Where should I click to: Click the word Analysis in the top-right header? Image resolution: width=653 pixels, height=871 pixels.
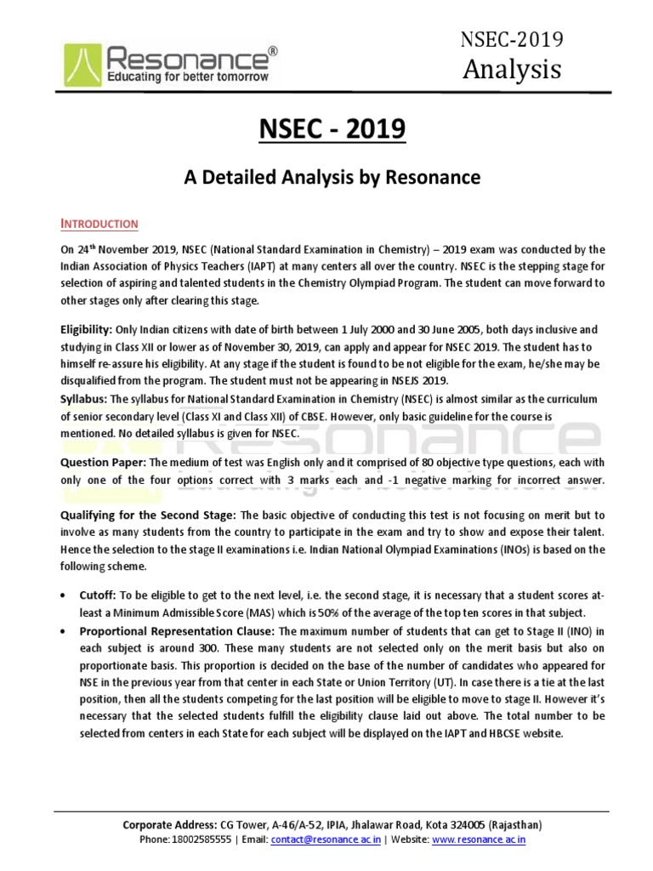(x=512, y=69)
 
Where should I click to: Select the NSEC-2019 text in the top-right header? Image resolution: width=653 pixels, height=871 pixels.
(x=511, y=39)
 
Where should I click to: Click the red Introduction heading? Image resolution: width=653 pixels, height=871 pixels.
(x=99, y=224)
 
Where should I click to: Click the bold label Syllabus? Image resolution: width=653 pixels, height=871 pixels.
(x=84, y=399)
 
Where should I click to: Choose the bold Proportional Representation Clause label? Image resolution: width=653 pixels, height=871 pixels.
(x=177, y=630)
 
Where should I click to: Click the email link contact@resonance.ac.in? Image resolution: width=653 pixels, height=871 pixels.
(x=326, y=840)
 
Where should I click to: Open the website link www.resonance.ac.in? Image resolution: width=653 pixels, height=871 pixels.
(x=480, y=840)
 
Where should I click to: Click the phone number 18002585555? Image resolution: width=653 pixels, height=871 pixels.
(x=201, y=840)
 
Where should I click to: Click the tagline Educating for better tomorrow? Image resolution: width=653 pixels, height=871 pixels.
(x=187, y=77)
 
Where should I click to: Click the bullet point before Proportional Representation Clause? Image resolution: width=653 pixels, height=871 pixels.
(x=65, y=631)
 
